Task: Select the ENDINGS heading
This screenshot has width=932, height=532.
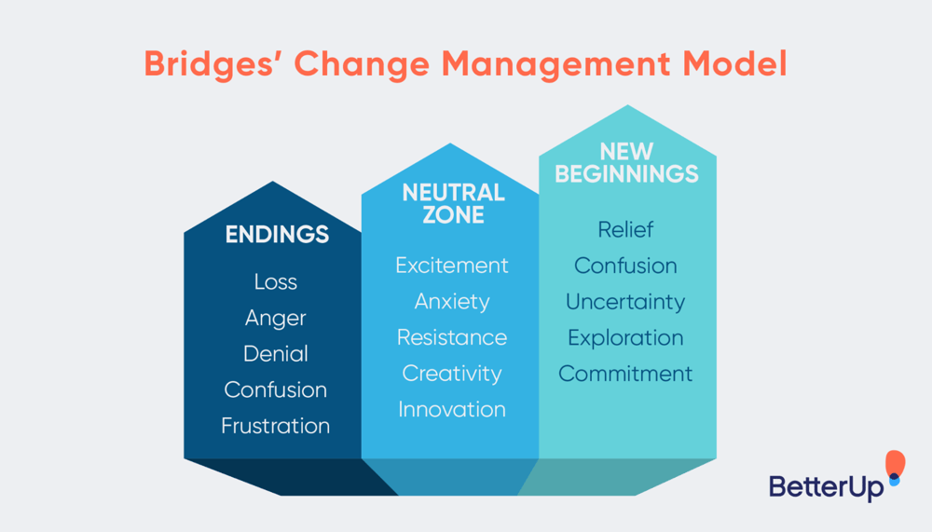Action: click(277, 234)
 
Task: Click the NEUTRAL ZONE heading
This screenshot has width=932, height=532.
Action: click(453, 203)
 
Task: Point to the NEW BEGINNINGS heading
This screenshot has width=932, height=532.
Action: click(626, 162)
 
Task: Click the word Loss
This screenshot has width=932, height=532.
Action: click(276, 281)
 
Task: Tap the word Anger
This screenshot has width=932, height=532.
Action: click(276, 318)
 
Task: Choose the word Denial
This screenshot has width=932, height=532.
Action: click(276, 354)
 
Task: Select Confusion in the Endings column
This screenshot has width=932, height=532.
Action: click(276, 389)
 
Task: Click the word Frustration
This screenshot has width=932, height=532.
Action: click(276, 426)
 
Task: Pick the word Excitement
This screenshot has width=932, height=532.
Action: click(452, 266)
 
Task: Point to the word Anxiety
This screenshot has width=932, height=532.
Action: click(452, 302)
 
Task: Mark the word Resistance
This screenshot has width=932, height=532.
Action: click(452, 337)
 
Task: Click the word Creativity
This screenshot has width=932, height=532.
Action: click(452, 374)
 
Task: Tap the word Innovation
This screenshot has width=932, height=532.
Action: click(452, 409)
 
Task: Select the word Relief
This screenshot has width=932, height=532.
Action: click(625, 229)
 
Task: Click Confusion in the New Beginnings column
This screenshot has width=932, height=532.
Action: click(625, 266)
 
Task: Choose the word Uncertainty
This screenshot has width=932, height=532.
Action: click(625, 302)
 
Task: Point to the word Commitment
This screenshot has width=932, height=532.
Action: click(625, 374)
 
